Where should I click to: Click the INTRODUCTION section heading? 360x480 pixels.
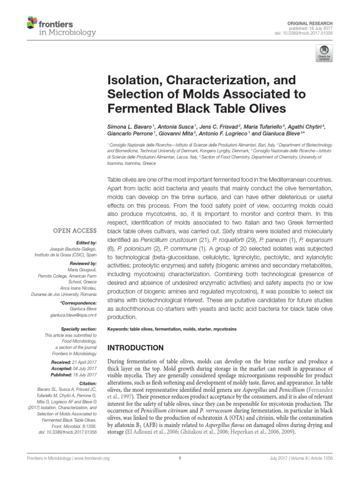[136, 348]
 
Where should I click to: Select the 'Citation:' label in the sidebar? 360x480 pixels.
[86, 383]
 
